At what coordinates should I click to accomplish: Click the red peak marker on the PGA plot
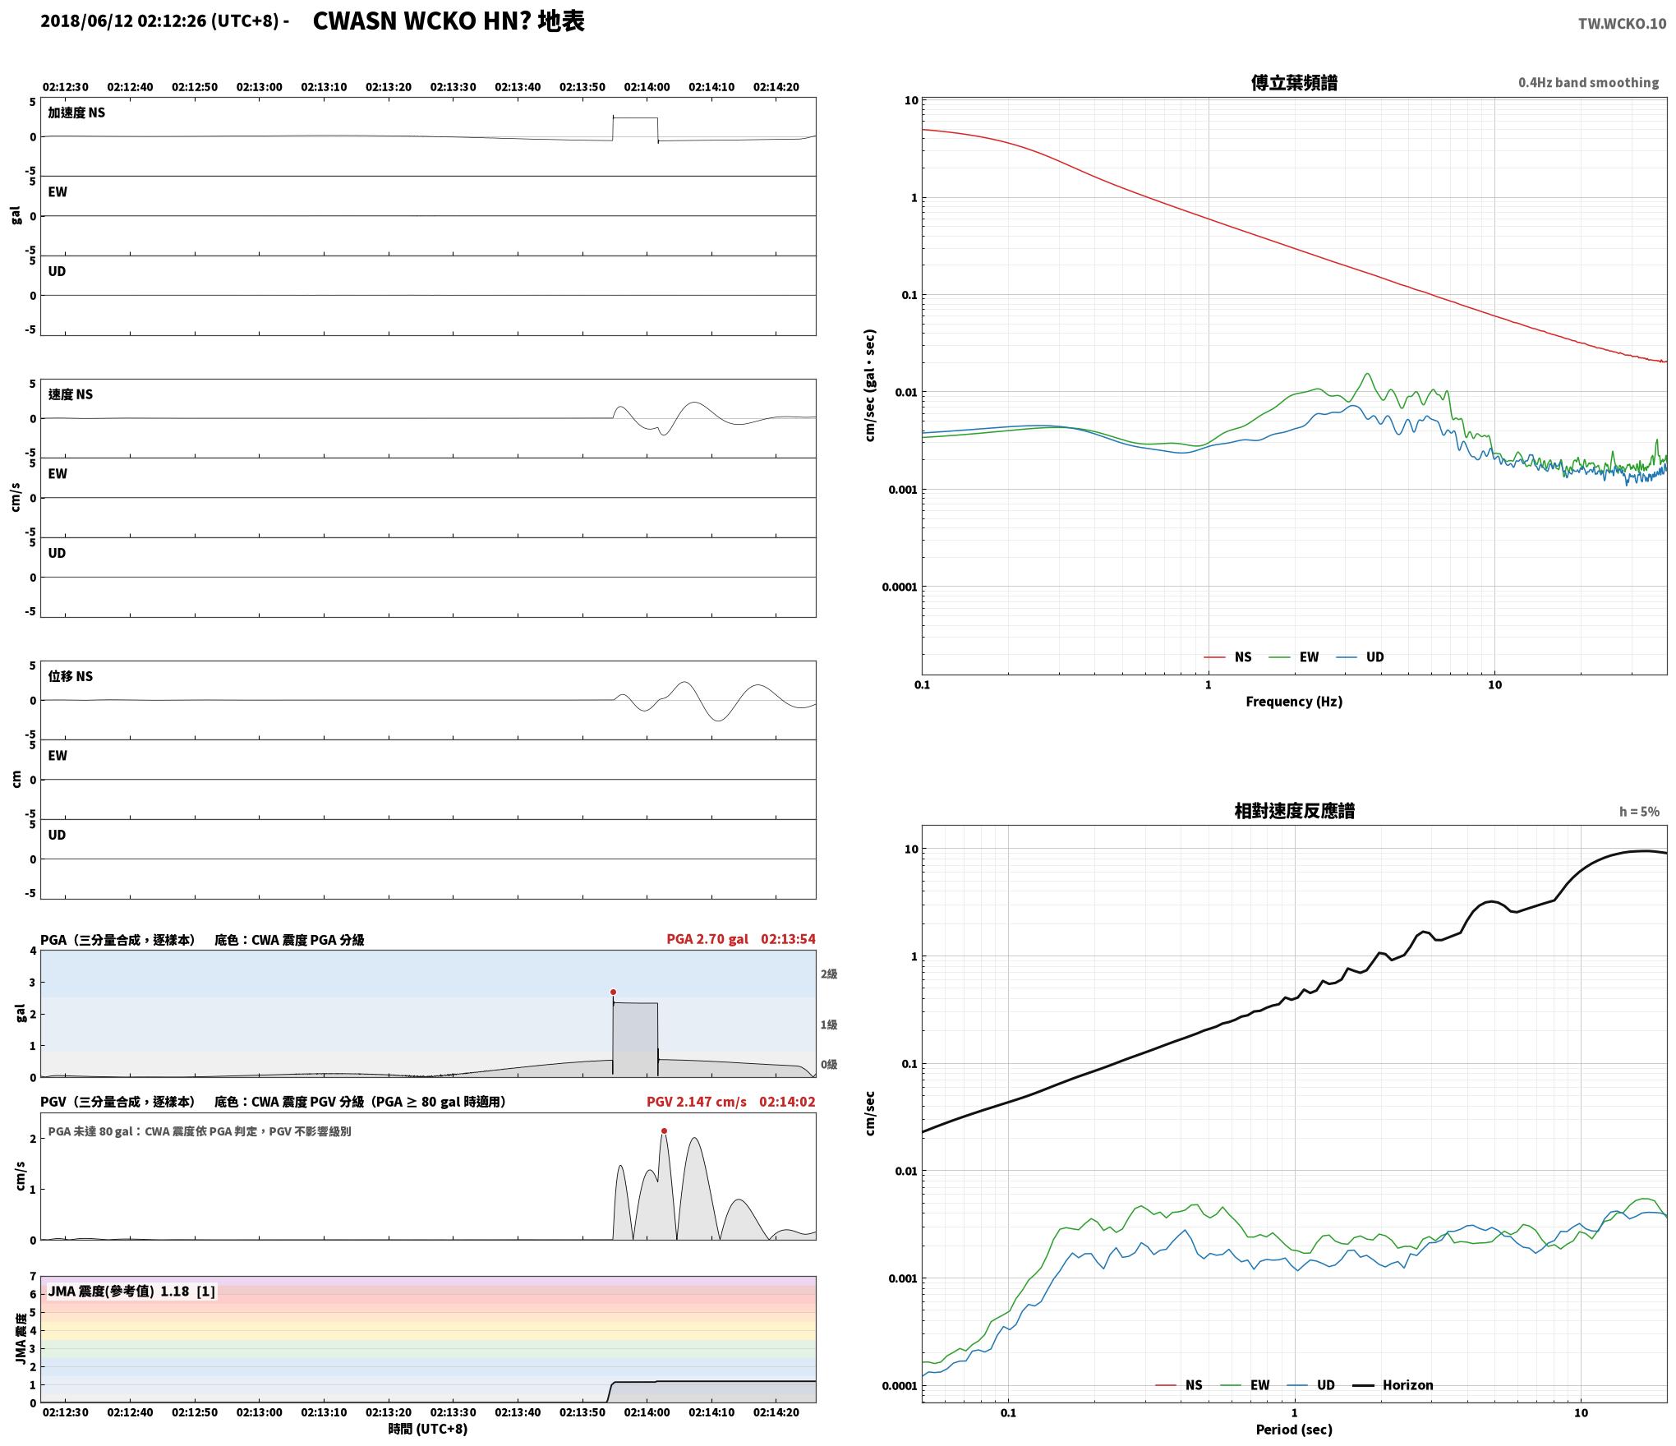click(613, 992)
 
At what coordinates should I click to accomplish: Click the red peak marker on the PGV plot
click(664, 1131)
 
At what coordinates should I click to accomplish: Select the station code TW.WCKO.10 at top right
click(1622, 24)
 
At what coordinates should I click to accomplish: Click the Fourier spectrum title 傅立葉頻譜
click(1294, 83)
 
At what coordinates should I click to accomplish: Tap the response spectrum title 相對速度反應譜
click(1294, 811)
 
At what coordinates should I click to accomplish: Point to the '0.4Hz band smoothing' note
click(1588, 83)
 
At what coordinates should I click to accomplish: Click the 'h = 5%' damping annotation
click(1639, 812)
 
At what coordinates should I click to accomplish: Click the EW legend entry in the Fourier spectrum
click(1294, 657)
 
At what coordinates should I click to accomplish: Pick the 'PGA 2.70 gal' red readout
click(707, 939)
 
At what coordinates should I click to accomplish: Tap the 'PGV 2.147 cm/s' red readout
click(697, 1102)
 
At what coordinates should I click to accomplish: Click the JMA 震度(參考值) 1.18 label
click(131, 1292)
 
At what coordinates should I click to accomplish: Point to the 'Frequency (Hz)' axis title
click(1294, 702)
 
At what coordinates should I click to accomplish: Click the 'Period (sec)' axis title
click(1294, 1430)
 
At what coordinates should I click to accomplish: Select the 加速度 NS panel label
click(76, 113)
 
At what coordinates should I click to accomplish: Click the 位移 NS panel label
click(71, 676)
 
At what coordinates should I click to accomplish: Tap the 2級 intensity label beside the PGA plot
click(829, 974)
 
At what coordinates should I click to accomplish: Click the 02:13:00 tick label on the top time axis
click(259, 87)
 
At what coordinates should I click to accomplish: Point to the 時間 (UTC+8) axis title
click(428, 1430)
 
